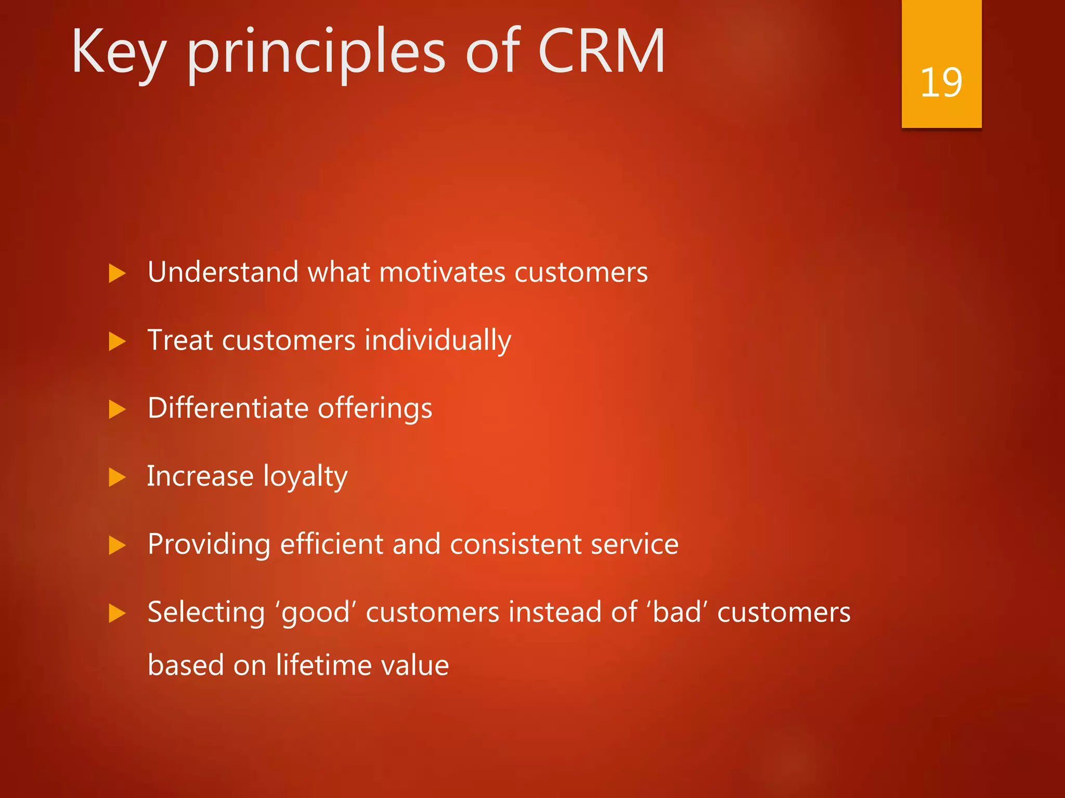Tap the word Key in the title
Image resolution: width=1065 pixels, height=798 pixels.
point(119,52)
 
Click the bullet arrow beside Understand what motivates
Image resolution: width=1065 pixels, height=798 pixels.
point(117,273)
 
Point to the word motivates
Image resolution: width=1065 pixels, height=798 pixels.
point(442,272)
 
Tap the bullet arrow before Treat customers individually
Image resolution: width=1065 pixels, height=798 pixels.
point(117,341)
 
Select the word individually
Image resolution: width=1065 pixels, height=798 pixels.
point(438,341)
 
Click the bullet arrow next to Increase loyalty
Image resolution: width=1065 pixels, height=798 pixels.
point(117,477)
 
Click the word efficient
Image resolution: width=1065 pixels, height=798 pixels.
point(332,544)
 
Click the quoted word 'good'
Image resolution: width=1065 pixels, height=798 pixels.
point(316,612)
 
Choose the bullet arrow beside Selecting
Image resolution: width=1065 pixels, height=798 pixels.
point(117,614)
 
